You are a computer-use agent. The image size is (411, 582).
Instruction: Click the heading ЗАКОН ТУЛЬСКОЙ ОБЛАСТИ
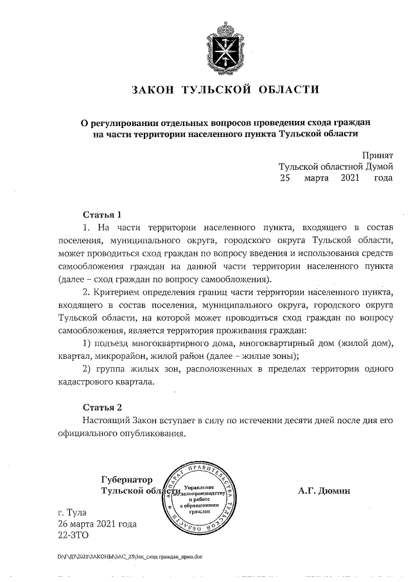[x=225, y=89]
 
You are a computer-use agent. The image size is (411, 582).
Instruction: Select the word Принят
[x=377, y=154]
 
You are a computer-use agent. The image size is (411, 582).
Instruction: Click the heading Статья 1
[x=102, y=214]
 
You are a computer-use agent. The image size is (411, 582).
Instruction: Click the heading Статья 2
[x=102, y=408]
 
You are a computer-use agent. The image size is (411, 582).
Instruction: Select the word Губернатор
[x=128, y=480]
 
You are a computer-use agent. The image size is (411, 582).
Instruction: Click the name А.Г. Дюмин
[x=324, y=491]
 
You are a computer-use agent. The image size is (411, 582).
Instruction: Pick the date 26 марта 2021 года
[x=97, y=524]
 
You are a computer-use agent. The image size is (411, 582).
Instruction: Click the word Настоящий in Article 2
[x=107, y=421]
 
